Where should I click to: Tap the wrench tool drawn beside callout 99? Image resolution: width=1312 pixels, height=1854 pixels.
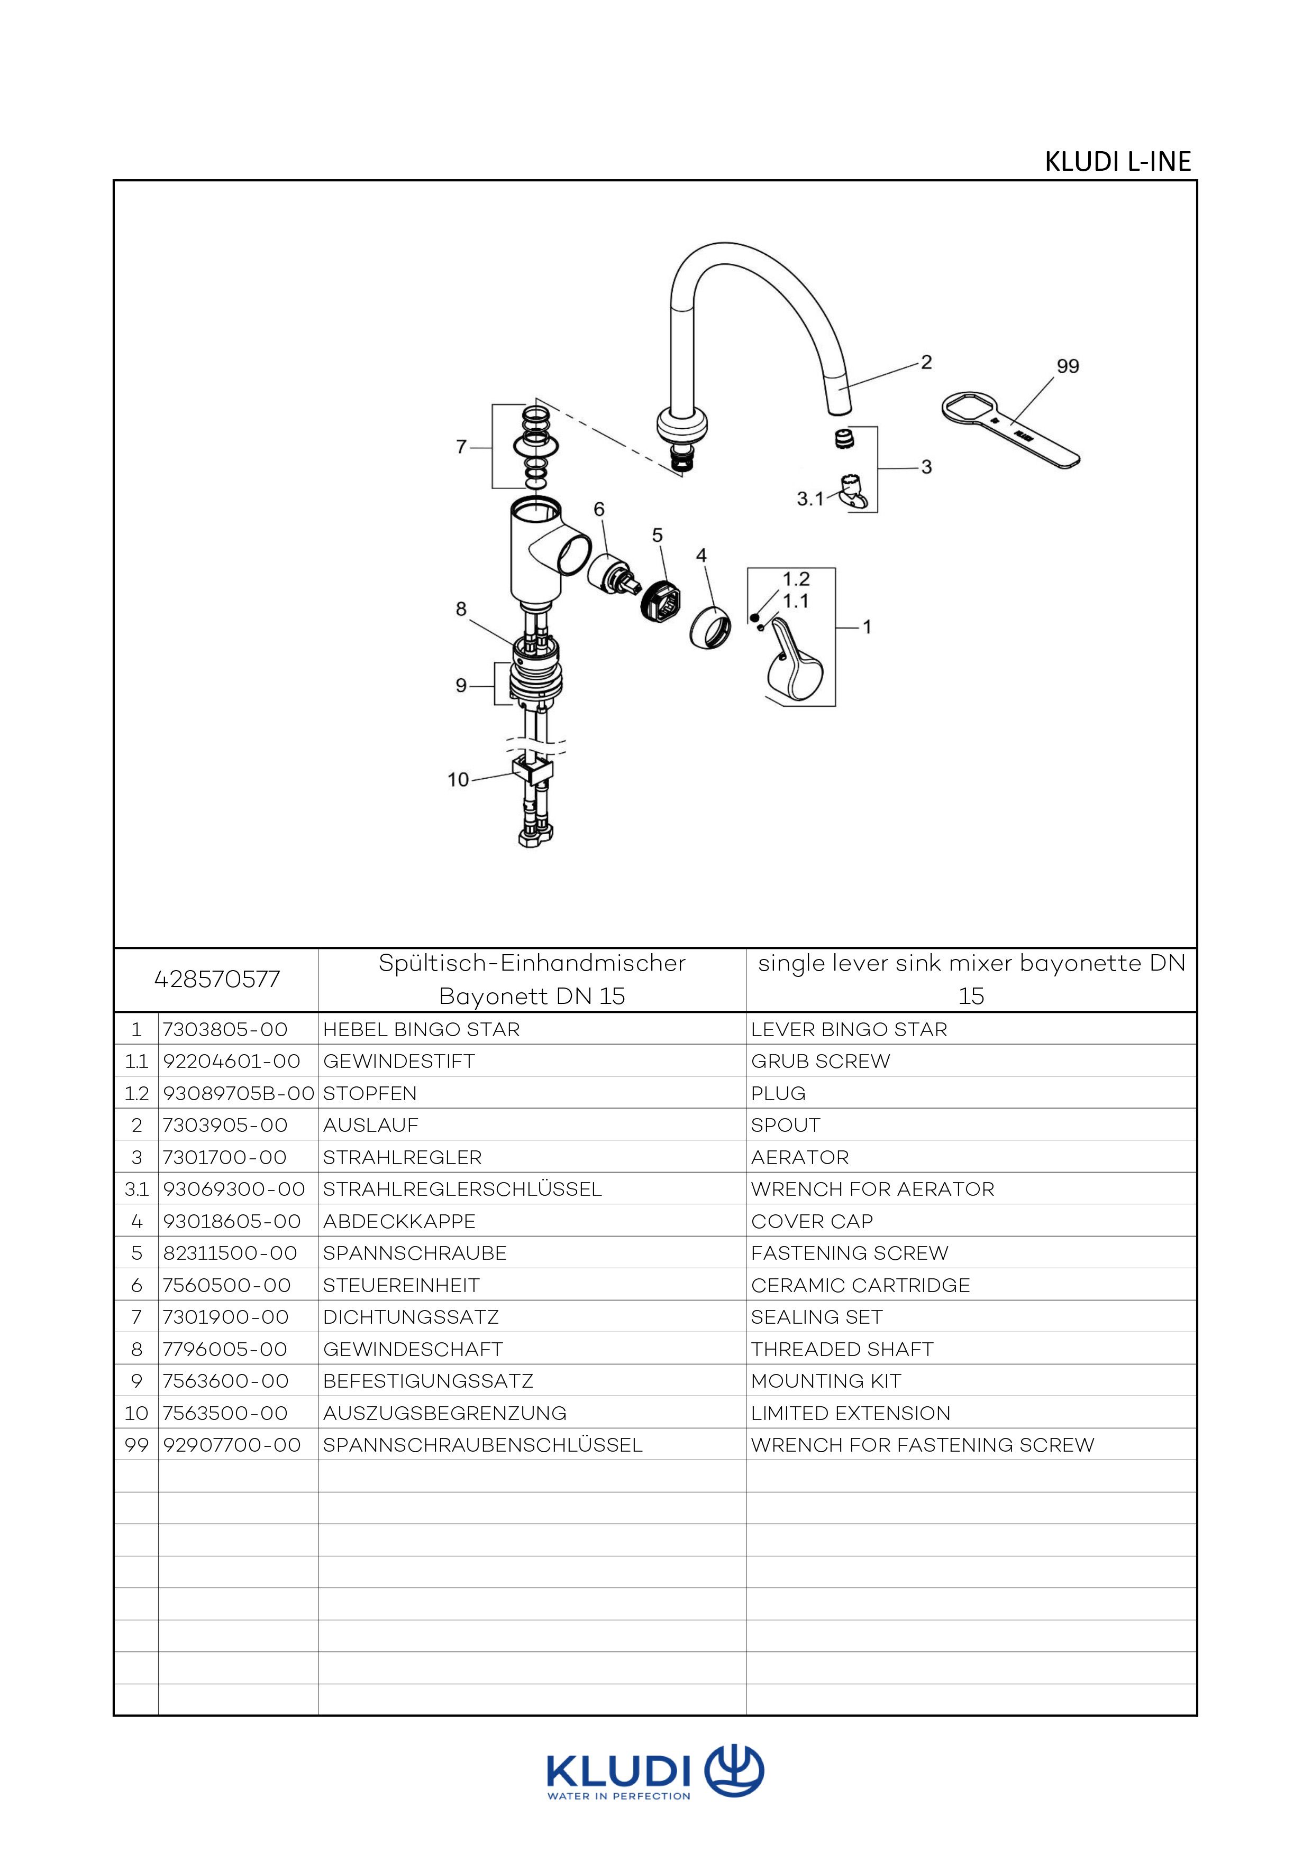click(1010, 428)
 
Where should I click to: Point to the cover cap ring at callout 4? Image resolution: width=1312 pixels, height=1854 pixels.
click(711, 626)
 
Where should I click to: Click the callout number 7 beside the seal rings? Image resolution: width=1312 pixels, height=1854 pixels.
click(461, 447)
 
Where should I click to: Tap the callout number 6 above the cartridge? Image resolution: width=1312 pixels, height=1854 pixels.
click(599, 510)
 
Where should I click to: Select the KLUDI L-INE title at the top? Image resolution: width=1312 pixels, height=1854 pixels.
click(1117, 161)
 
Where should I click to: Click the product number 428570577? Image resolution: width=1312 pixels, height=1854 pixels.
click(216, 980)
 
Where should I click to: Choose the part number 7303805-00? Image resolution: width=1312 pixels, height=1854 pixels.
click(225, 1029)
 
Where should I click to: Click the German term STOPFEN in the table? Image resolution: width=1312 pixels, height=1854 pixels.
click(370, 1093)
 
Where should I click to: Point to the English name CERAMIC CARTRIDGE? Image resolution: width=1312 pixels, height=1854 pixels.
click(860, 1286)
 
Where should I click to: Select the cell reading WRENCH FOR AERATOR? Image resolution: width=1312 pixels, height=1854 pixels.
click(872, 1189)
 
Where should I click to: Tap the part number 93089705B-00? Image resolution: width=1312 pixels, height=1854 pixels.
click(238, 1093)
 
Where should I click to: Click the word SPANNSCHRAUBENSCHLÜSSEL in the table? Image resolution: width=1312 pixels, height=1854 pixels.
click(482, 1445)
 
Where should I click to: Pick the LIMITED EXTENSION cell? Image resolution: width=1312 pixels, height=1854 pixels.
click(851, 1413)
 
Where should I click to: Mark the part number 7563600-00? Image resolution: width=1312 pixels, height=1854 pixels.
click(225, 1381)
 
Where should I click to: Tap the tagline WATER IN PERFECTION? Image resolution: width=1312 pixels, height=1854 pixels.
click(619, 1796)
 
